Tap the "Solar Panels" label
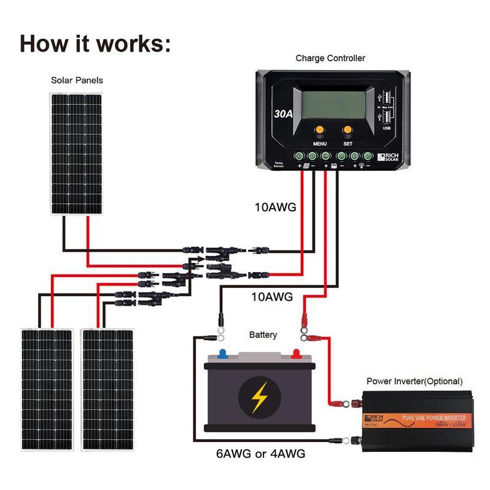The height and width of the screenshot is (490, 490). pos(77,80)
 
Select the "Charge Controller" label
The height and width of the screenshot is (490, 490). pos(330,58)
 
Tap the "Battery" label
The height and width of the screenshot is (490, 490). pos(263,335)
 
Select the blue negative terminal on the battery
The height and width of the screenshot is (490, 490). pos(220,354)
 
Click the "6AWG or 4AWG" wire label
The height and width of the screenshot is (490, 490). pos(260,454)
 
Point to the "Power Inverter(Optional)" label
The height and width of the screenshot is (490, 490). pos(414,381)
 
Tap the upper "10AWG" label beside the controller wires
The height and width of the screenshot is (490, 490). pos(275,208)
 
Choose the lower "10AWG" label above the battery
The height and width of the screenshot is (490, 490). pos(272,297)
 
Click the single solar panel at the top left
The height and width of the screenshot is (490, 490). pos(76,154)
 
